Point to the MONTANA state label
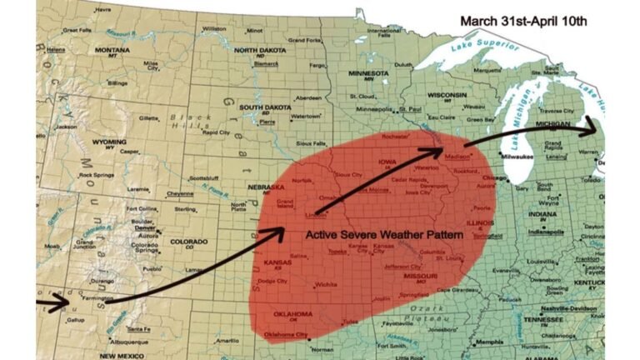(x=112, y=50)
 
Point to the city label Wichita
(x=326, y=284)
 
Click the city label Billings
(x=117, y=83)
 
